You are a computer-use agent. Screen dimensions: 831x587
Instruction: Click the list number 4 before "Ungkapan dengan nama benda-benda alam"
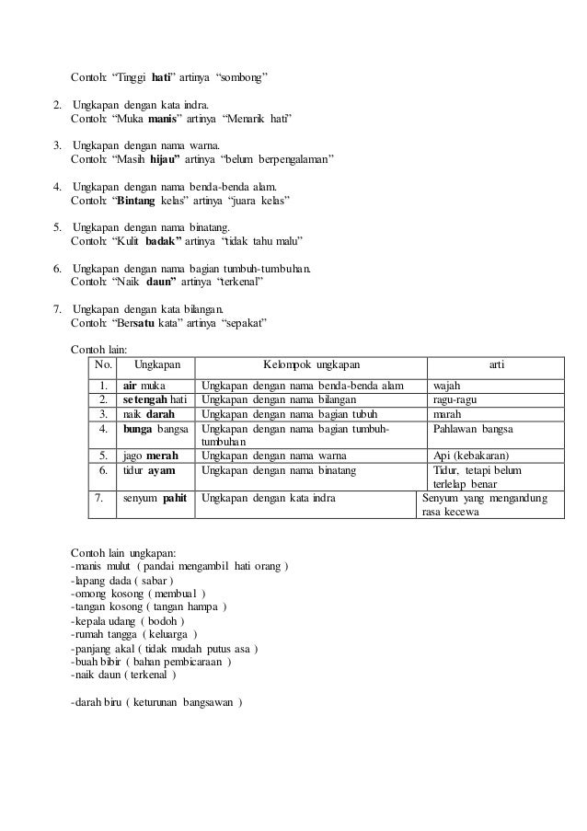pos(58,186)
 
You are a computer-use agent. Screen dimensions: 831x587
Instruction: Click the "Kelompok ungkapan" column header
pos(311,365)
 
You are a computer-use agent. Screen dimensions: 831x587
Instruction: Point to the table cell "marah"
pos(448,413)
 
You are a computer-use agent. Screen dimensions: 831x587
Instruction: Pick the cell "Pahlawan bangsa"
pos(474,428)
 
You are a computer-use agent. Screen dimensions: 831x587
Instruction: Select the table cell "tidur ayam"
pos(149,469)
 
